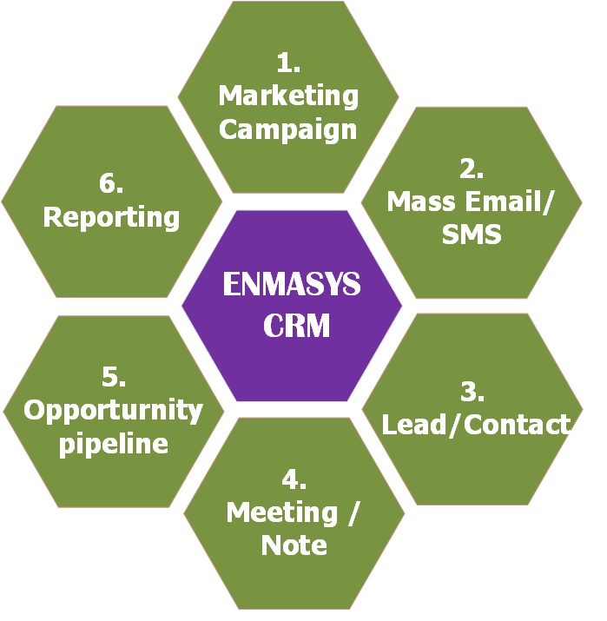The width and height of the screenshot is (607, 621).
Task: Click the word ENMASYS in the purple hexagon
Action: pyautogui.click(x=291, y=285)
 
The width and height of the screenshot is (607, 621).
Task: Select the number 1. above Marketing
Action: pyautogui.click(x=287, y=63)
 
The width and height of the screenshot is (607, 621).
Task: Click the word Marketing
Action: pyautogui.click(x=288, y=96)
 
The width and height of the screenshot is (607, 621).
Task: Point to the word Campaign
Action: pyautogui.click(x=287, y=129)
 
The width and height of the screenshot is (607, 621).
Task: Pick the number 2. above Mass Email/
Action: pyautogui.click(x=472, y=168)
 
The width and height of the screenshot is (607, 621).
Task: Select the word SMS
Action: pyautogui.click(x=472, y=234)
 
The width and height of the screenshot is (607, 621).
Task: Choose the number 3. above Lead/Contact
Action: pyautogui.click(x=472, y=391)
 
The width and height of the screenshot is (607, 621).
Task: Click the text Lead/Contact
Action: pyautogui.click(x=477, y=424)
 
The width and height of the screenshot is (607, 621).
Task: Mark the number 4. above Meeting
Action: pyautogui.click(x=294, y=479)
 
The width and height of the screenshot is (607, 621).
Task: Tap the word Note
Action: pyautogui.click(x=294, y=545)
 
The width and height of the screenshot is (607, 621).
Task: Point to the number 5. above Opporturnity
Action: pyautogui.click(x=114, y=377)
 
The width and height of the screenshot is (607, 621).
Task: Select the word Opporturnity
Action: pyautogui.click(x=113, y=409)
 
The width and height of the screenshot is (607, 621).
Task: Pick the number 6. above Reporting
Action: pyautogui.click(x=111, y=183)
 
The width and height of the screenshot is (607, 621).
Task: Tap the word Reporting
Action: pyautogui.click(x=111, y=216)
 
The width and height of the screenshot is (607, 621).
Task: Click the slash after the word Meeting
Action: pyautogui.click(x=352, y=512)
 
